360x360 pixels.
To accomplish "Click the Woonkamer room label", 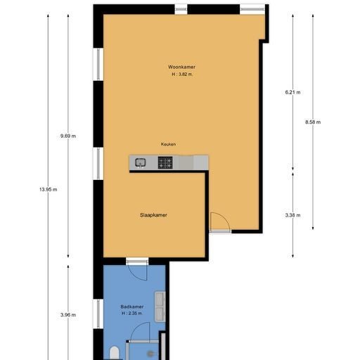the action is (181, 67).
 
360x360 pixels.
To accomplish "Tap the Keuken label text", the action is (168, 144).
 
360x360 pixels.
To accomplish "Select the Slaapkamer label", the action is (153, 215).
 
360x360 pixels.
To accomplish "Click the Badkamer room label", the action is (132, 307).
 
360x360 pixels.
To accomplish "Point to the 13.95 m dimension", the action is (48, 190).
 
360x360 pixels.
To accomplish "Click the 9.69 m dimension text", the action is (68, 136).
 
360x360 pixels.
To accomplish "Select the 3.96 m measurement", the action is (68, 315).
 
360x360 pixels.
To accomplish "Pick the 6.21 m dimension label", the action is (292, 92).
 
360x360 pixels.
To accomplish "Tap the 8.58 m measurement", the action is (313, 122).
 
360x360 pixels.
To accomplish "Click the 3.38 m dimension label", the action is (292, 215).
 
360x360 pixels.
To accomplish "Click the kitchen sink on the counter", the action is (141, 162).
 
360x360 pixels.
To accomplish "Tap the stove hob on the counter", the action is (165, 162).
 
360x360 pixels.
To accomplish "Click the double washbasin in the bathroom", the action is (160, 307).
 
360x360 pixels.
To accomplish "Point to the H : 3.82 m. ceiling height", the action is (182, 75).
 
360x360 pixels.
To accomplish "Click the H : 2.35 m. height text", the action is (132, 314).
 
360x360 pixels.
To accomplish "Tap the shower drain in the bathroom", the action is (150, 354).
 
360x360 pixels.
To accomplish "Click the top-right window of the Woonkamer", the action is (252, 9).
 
